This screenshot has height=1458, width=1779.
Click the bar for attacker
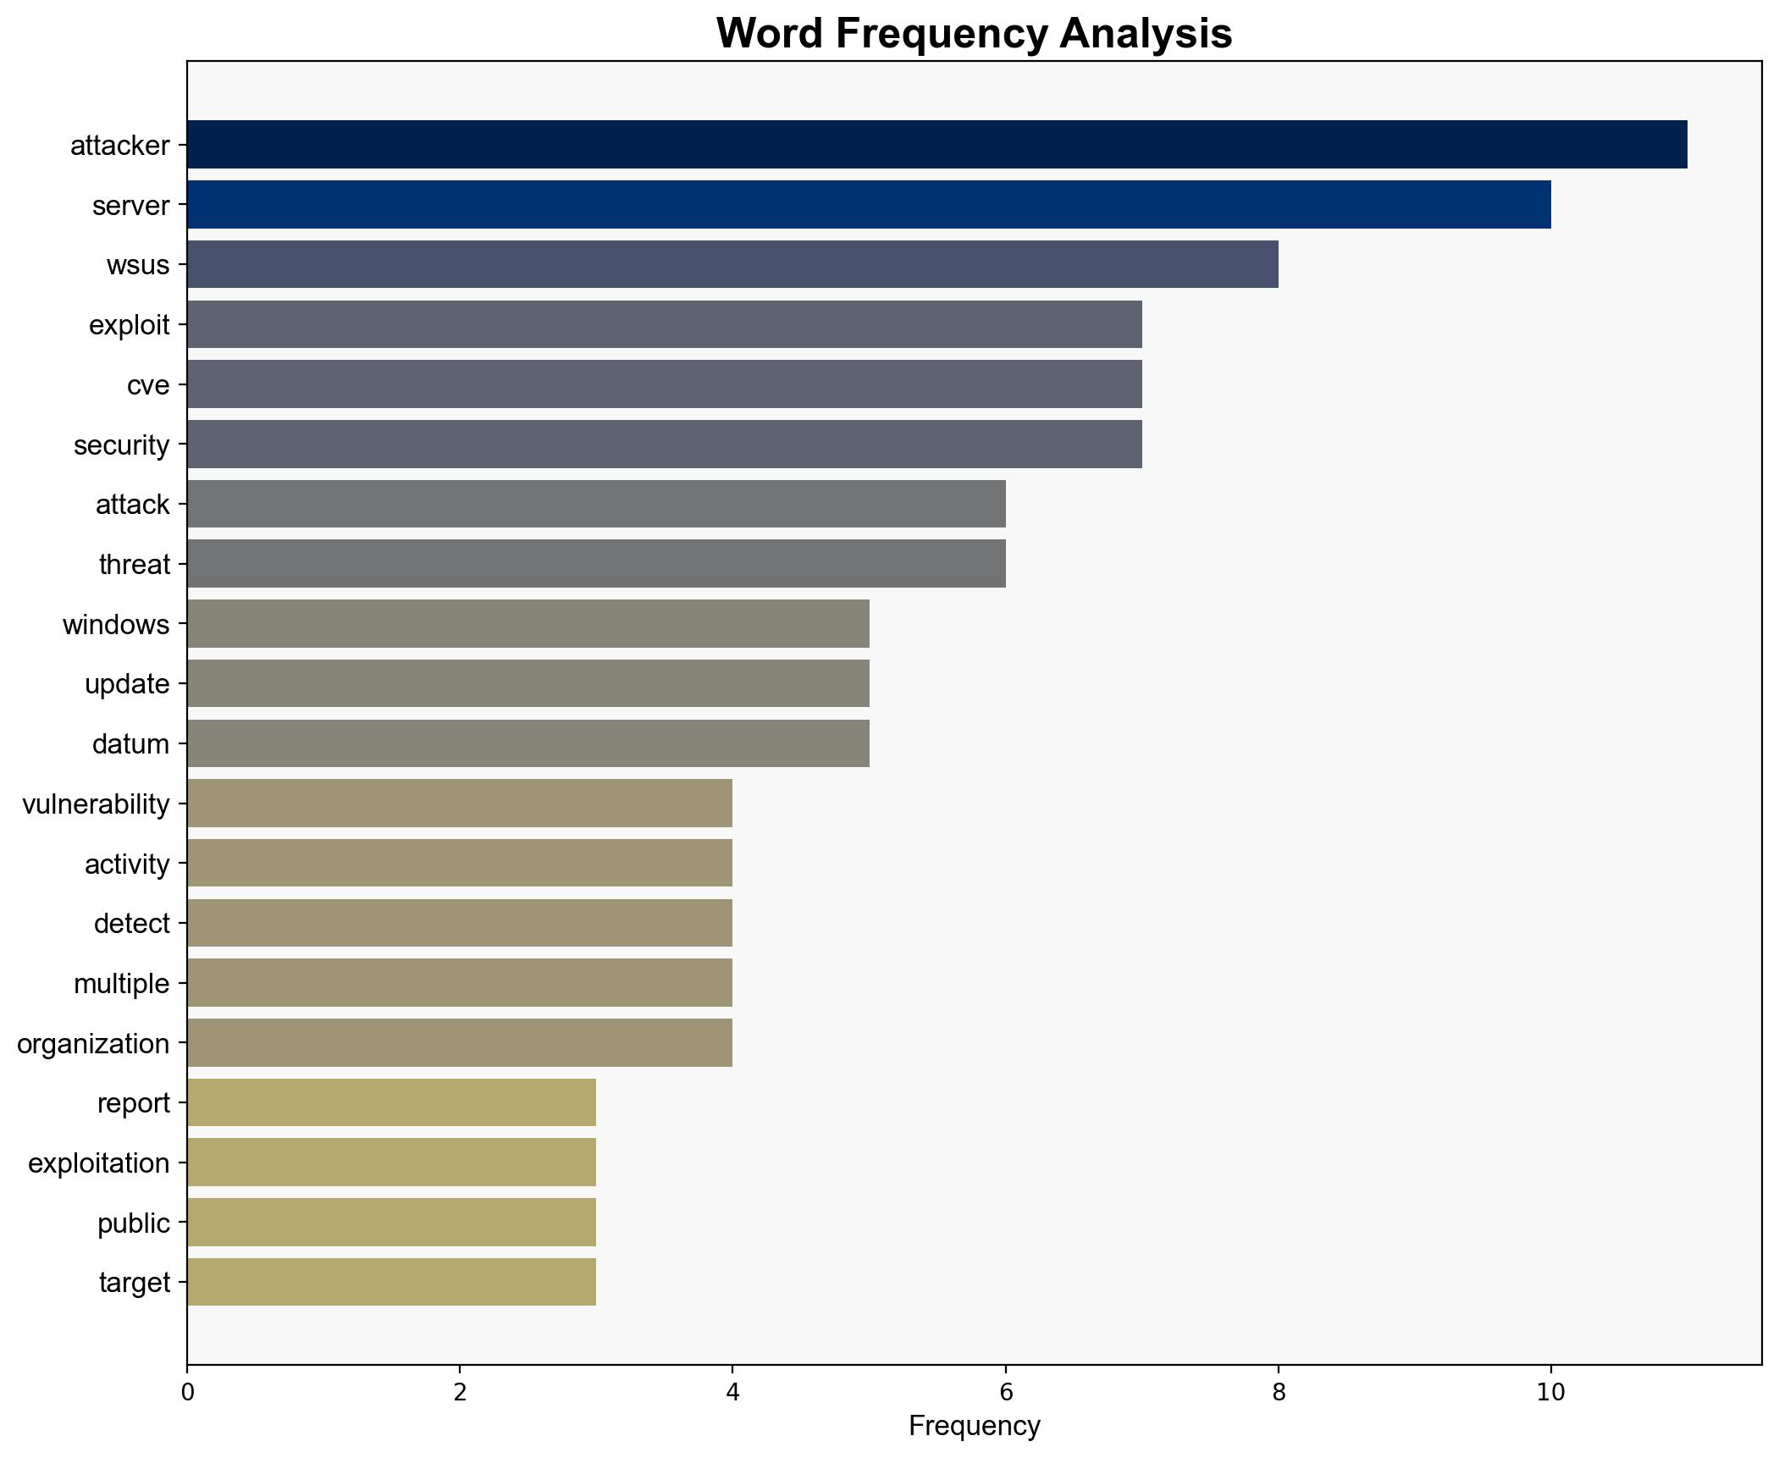coord(936,145)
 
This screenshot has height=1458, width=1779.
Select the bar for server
coord(869,205)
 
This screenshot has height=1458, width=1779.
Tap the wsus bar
coord(732,265)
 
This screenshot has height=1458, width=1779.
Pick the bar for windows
coord(528,624)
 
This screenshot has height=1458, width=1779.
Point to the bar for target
coord(391,1283)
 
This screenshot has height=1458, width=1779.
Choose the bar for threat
coord(596,564)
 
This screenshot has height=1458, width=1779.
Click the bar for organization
coord(460,1043)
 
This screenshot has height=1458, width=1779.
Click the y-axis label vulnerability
coord(96,804)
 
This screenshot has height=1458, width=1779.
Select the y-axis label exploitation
coord(99,1163)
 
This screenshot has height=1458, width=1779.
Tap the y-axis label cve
coord(148,385)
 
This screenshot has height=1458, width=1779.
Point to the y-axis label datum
coord(130,744)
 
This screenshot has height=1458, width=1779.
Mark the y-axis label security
coord(122,445)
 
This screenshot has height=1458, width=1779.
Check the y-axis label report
coord(134,1103)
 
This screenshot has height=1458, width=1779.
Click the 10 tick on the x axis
coord(1550,1393)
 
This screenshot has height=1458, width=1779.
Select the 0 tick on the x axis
coord(187,1393)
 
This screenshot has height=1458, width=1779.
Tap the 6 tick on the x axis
coord(1005,1393)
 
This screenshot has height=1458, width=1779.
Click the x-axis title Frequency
coord(974,1427)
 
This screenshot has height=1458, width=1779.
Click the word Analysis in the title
coord(1145,34)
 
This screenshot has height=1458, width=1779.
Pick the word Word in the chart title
coord(771,34)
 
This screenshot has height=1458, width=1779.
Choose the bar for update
coord(528,684)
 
